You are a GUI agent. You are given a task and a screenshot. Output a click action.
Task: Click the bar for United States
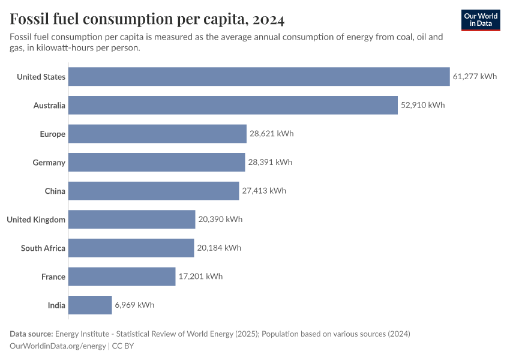259,77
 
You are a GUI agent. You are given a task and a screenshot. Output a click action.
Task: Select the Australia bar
233,106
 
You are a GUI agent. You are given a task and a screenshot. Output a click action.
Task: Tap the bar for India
90,305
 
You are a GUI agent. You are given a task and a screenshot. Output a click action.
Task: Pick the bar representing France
122,277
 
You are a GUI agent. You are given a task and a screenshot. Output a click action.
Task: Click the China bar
154,191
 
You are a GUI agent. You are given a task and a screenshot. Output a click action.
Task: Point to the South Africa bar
131,248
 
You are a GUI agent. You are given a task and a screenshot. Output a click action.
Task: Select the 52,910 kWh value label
423,106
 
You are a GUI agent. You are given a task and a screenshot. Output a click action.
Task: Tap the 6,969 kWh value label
134,305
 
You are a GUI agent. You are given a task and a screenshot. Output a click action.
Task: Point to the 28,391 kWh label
271,163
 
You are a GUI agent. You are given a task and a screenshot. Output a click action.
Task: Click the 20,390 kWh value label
220,220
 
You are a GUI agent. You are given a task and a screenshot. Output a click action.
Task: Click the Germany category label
49,163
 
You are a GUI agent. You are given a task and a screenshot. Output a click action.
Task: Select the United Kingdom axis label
36,220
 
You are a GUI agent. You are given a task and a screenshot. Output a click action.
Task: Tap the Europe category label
52,134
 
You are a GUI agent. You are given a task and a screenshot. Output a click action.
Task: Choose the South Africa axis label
43,248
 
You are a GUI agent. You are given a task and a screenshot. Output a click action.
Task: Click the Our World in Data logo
480,20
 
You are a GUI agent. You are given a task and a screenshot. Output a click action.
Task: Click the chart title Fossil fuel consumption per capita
147,20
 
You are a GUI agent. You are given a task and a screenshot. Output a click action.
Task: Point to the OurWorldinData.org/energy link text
58,346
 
